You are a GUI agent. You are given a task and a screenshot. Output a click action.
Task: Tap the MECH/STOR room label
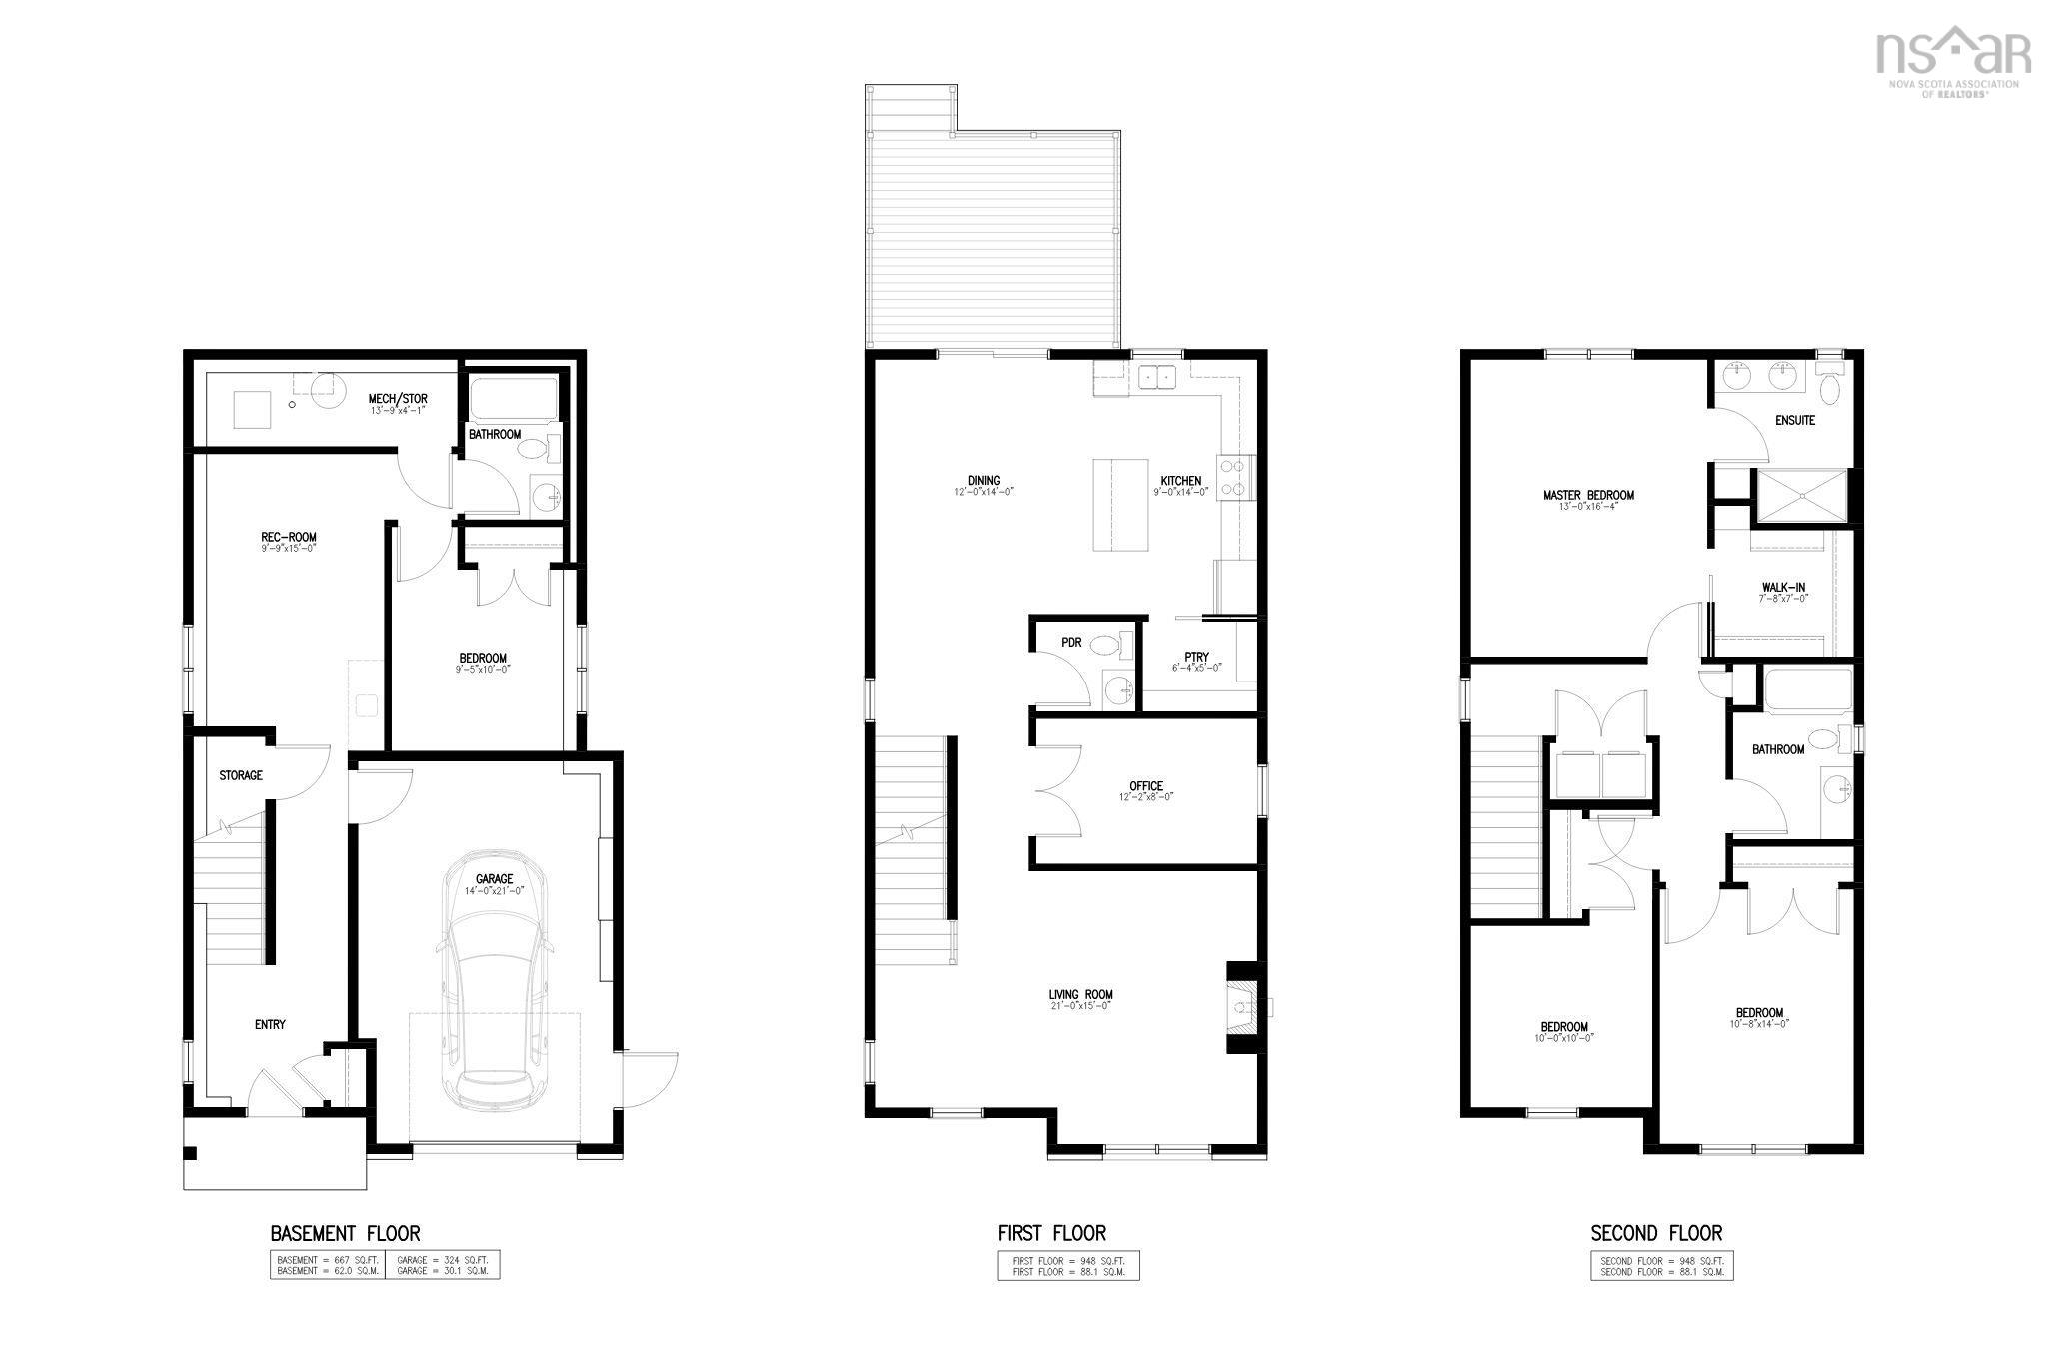pyautogui.click(x=397, y=400)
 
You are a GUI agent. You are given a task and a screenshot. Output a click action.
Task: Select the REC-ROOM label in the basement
pyautogui.click(x=289, y=538)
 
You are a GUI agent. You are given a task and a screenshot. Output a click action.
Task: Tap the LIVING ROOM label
pyautogui.click(x=1080, y=995)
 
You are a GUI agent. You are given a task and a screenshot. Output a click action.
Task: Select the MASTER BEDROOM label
pyautogui.click(x=1588, y=496)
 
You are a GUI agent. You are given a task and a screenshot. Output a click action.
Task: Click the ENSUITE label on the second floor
pyautogui.click(x=1795, y=421)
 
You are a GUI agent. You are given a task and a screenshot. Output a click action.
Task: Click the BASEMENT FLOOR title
pyautogui.click(x=345, y=1233)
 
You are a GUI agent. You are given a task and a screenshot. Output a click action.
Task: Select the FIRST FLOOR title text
pyautogui.click(x=1051, y=1233)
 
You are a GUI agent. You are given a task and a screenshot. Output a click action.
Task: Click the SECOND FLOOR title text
pyautogui.click(x=1656, y=1233)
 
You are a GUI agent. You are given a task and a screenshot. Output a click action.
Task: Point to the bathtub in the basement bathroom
pyautogui.click(x=513, y=398)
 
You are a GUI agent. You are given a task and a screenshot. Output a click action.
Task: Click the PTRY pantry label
pyautogui.click(x=1196, y=658)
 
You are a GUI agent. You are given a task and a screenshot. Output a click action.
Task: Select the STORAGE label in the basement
pyautogui.click(x=241, y=775)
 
